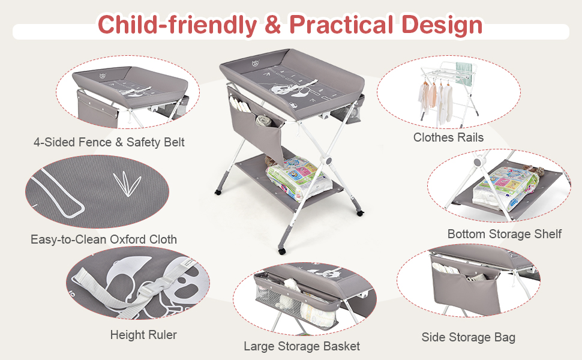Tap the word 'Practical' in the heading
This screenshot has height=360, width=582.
point(340,25)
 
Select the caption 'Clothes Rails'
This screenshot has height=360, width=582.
point(448,137)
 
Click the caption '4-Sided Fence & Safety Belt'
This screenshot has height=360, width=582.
point(109,142)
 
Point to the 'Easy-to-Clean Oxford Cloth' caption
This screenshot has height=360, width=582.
point(104,239)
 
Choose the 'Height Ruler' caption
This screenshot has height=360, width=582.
point(143,335)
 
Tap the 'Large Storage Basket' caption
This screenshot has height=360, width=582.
point(302,346)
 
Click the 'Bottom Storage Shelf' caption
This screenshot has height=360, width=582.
point(505,233)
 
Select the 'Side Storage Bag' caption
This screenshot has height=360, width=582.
point(469,337)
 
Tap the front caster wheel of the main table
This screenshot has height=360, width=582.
point(282,250)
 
